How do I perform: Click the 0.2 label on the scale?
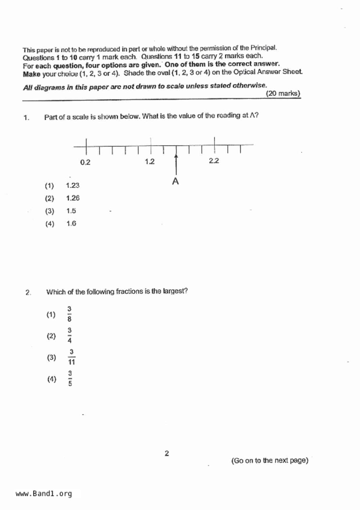click(x=85, y=162)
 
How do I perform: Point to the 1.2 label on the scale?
click(x=150, y=162)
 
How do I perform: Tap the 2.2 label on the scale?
click(x=214, y=161)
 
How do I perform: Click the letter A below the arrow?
click(x=175, y=181)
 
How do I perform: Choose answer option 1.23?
click(x=73, y=186)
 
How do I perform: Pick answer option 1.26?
click(x=73, y=198)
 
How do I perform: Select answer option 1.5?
click(x=71, y=211)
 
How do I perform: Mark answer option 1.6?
click(x=71, y=224)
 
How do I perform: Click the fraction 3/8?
click(x=69, y=314)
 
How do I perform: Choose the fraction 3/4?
click(x=69, y=336)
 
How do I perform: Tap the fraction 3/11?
click(x=71, y=357)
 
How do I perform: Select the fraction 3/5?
click(x=70, y=378)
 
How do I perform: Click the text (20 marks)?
click(x=283, y=94)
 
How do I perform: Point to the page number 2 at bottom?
click(x=167, y=453)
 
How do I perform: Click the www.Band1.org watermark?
click(x=44, y=494)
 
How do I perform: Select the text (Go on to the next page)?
click(x=270, y=461)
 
